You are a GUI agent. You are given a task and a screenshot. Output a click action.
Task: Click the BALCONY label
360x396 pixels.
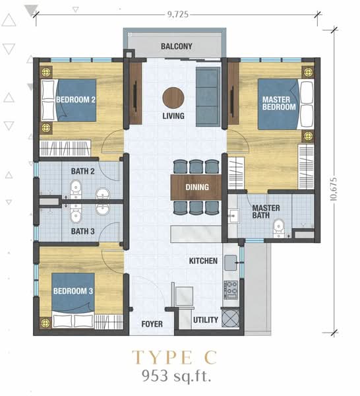pyautogui.click(x=176, y=46)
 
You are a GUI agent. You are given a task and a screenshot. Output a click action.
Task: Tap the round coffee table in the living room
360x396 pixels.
pyautogui.click(x=173, y=96)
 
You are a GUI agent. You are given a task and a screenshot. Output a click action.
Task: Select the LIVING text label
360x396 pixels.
pyautogui.click(x=173, y=117)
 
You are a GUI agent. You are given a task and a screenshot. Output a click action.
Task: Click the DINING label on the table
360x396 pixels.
pyautogui.click(x=197, y=187)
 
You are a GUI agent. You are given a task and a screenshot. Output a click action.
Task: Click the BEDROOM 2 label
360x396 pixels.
pyautogui.click(x=76, y=100)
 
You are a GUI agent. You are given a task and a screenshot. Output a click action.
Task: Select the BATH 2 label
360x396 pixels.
pyautogui.click(x=83, y=171)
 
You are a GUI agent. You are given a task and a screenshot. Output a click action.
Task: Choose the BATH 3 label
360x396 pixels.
pyautogui.click(x=83, y=232)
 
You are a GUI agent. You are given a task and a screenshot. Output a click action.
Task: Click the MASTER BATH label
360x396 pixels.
pyautogui.click(x=266, y=212)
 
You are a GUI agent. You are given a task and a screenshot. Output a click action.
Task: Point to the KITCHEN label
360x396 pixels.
pyautogui.click(x=203, y=261)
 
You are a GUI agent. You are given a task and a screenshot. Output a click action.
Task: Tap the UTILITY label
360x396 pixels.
pyautogui.click(x=206, y=320)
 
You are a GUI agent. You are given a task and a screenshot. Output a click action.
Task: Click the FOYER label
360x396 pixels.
pyautogui.click(x=152, y=324)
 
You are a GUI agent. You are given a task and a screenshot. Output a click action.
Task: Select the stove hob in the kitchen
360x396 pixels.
pyautogui.click(x=231, y=288)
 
